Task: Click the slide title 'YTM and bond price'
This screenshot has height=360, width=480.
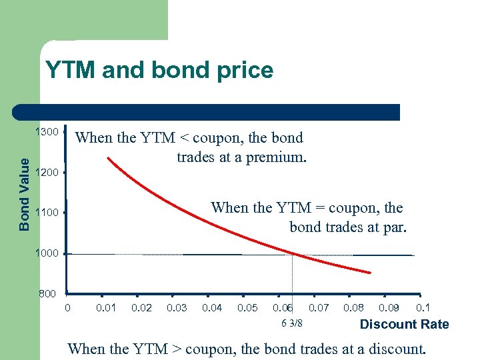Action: [x=159, y=70]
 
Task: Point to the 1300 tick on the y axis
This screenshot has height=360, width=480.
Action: [x=47, y=132]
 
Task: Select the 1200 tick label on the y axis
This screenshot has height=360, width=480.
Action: [x=47, y=173]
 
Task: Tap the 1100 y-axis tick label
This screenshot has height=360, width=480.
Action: [x=47, y=213]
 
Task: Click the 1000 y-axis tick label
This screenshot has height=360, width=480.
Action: [x=47, y=253]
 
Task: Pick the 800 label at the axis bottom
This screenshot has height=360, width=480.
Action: [x=47, y=294]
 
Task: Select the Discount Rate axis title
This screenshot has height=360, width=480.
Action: [x=404, y=325]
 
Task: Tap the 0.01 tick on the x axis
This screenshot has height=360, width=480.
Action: [x=106, y=307]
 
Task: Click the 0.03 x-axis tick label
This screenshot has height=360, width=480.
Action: [x=177, y=307]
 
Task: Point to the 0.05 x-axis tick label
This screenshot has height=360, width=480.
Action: [x=247, y=307]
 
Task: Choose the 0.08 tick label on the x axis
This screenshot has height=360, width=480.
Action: [x=353, y=307]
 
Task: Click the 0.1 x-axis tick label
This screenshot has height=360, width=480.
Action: [x=423, y=307]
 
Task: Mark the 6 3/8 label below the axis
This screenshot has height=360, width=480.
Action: [x=292, y=323]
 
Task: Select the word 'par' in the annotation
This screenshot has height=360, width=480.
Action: [x=395, y=227]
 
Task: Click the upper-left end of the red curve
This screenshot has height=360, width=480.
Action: [x=108, y=159]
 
